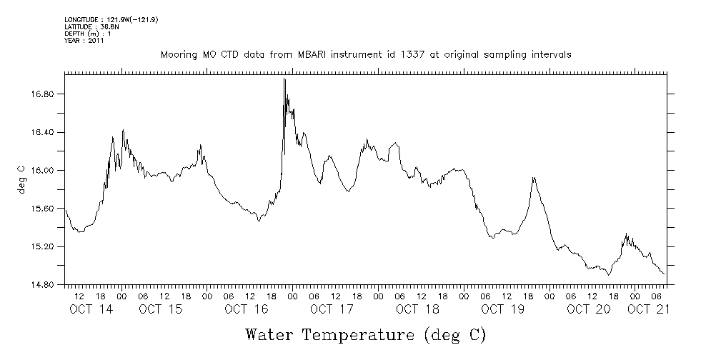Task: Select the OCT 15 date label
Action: coord(160,310)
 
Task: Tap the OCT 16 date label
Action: coord(246,310)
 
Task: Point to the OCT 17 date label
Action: coord(332,310)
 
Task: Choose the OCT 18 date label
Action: coord(417,310)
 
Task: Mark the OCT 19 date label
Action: coord(503,310)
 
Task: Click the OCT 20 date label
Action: coord(589,310)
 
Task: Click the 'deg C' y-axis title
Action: coord(22,179)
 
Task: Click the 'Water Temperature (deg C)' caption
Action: coord(365,334)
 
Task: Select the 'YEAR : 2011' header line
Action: coord(84,41)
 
